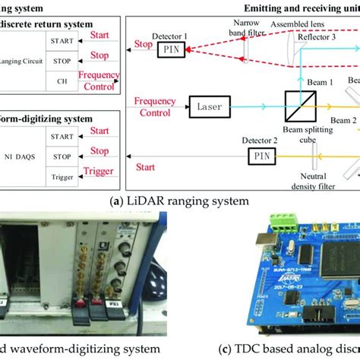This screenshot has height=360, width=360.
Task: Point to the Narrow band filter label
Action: pyautogui.click(x=248, y=27)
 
